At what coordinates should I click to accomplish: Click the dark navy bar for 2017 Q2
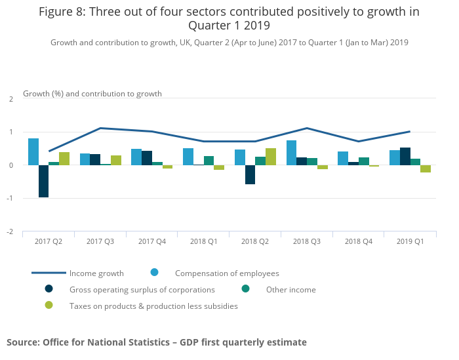[43, 181]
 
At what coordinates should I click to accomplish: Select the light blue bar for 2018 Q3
[291, 153]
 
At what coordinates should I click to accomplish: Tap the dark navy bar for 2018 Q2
[250, 174]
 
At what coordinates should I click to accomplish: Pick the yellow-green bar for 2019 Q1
[426, 169]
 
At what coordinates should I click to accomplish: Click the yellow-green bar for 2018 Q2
[271, 157]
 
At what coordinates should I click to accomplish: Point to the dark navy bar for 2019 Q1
[405, 156]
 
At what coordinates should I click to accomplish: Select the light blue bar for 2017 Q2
[33, 151]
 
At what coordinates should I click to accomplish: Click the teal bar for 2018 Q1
[209, 161]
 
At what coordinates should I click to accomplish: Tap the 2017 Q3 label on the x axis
[100, 242]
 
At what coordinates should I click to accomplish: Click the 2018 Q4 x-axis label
[358, 242]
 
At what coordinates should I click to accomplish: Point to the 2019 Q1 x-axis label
[410, 242]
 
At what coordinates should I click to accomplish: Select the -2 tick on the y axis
[10, 231]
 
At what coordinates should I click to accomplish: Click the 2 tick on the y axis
[11, 99]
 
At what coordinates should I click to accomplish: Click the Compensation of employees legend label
[227, 273]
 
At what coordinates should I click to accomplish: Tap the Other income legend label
[290, 290]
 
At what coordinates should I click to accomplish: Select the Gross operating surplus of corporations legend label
[142, 290]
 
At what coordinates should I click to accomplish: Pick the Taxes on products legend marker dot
[49, 306]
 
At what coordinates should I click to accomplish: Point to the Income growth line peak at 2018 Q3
[307, 128]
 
